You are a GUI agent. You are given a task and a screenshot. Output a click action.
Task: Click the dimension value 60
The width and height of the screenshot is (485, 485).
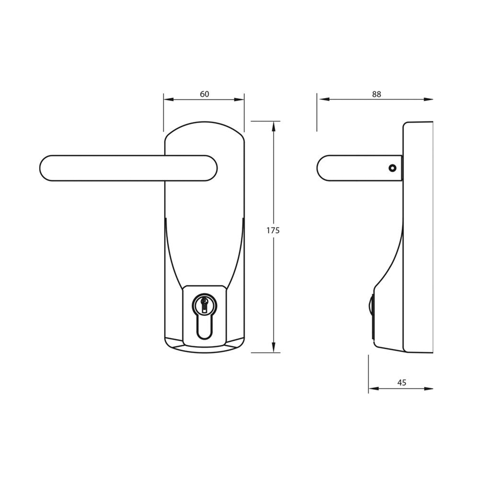click(205, 94)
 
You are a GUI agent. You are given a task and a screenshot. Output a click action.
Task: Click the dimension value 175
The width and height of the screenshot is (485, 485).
click(273, 231)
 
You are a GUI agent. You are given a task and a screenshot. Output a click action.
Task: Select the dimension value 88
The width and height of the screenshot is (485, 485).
click(376, 94)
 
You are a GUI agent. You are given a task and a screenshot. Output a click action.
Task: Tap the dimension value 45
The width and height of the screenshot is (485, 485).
click(401, 382)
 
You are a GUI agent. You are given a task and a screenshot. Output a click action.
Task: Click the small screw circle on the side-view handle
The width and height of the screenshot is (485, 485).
click(391, 168)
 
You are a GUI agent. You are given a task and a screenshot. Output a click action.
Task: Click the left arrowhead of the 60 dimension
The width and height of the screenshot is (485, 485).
click(166, 99)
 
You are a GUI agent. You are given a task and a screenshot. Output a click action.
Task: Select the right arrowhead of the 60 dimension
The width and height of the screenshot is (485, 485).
click(242, 99)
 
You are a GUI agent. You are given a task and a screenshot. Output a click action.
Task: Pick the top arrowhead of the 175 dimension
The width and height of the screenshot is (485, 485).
click(274, 124)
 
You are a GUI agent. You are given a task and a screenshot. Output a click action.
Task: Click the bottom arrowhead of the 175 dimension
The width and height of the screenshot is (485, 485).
click(274, 350)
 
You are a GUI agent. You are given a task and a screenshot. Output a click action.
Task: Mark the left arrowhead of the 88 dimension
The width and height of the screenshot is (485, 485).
click(320, 99)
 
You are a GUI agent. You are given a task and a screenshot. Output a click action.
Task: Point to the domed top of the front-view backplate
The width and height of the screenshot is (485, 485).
click(204, 126)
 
